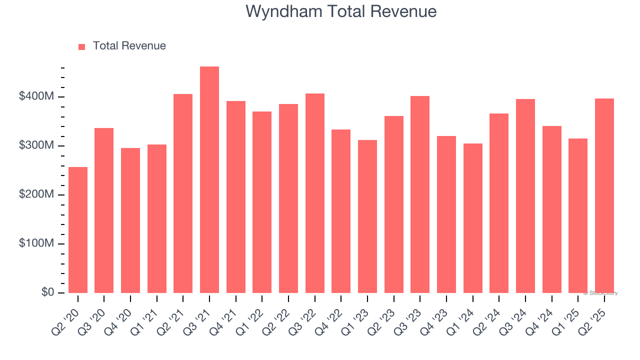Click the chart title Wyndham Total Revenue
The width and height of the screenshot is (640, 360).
341,11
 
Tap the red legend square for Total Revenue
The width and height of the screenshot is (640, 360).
82,46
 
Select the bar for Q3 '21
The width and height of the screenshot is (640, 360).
209,179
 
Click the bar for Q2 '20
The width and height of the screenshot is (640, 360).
78,230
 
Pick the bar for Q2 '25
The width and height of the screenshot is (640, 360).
604,195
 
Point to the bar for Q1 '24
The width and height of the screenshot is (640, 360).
473,218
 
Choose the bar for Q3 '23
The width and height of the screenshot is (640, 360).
420,194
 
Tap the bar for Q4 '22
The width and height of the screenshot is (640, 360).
341,211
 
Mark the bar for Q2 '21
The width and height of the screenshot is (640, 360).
183,193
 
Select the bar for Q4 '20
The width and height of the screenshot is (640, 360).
130,220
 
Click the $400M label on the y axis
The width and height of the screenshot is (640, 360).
37,96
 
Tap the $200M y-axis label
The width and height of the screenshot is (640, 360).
37,194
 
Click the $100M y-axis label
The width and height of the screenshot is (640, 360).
37,243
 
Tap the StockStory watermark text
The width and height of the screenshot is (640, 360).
600,293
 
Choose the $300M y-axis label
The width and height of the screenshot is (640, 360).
37,145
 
